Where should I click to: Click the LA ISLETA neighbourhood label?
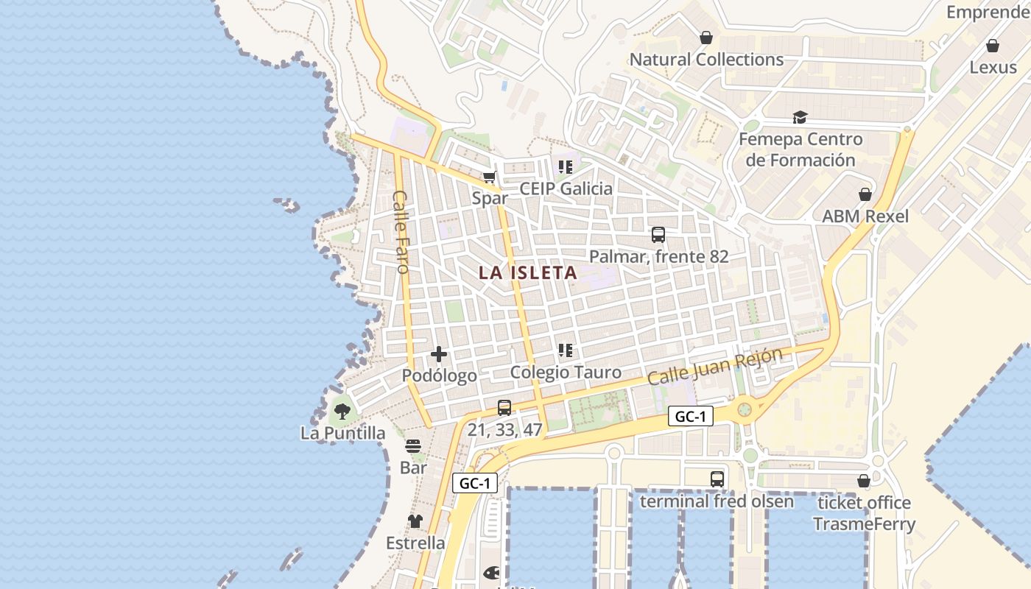coord(527,272)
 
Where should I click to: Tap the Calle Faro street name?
coord(401,232)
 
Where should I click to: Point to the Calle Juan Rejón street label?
coord(714,367)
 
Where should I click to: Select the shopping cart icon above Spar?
coord(489,177)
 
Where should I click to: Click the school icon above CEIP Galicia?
coord(565,167)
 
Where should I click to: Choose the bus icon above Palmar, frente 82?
coord(658,235)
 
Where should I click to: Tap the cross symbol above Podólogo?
coord(439,354)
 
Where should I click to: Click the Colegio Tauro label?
coord(566,373)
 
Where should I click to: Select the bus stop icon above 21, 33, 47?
coord(504,408)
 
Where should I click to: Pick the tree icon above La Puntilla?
coord(342,412)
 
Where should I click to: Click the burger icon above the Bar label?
coord(413,446)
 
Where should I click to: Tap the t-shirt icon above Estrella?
coord(415,521)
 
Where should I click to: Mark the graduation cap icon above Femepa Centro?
coord(800,117)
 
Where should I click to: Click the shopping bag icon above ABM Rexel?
coord(865,194)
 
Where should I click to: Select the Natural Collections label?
coord(706,60)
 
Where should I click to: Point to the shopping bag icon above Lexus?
coord(993,46)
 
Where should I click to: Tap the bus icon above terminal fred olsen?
coord(717,479)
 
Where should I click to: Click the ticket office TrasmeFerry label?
coord(864,514)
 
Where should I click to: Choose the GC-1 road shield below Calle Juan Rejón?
coord(691,417)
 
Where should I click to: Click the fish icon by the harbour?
coord(491,572)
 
